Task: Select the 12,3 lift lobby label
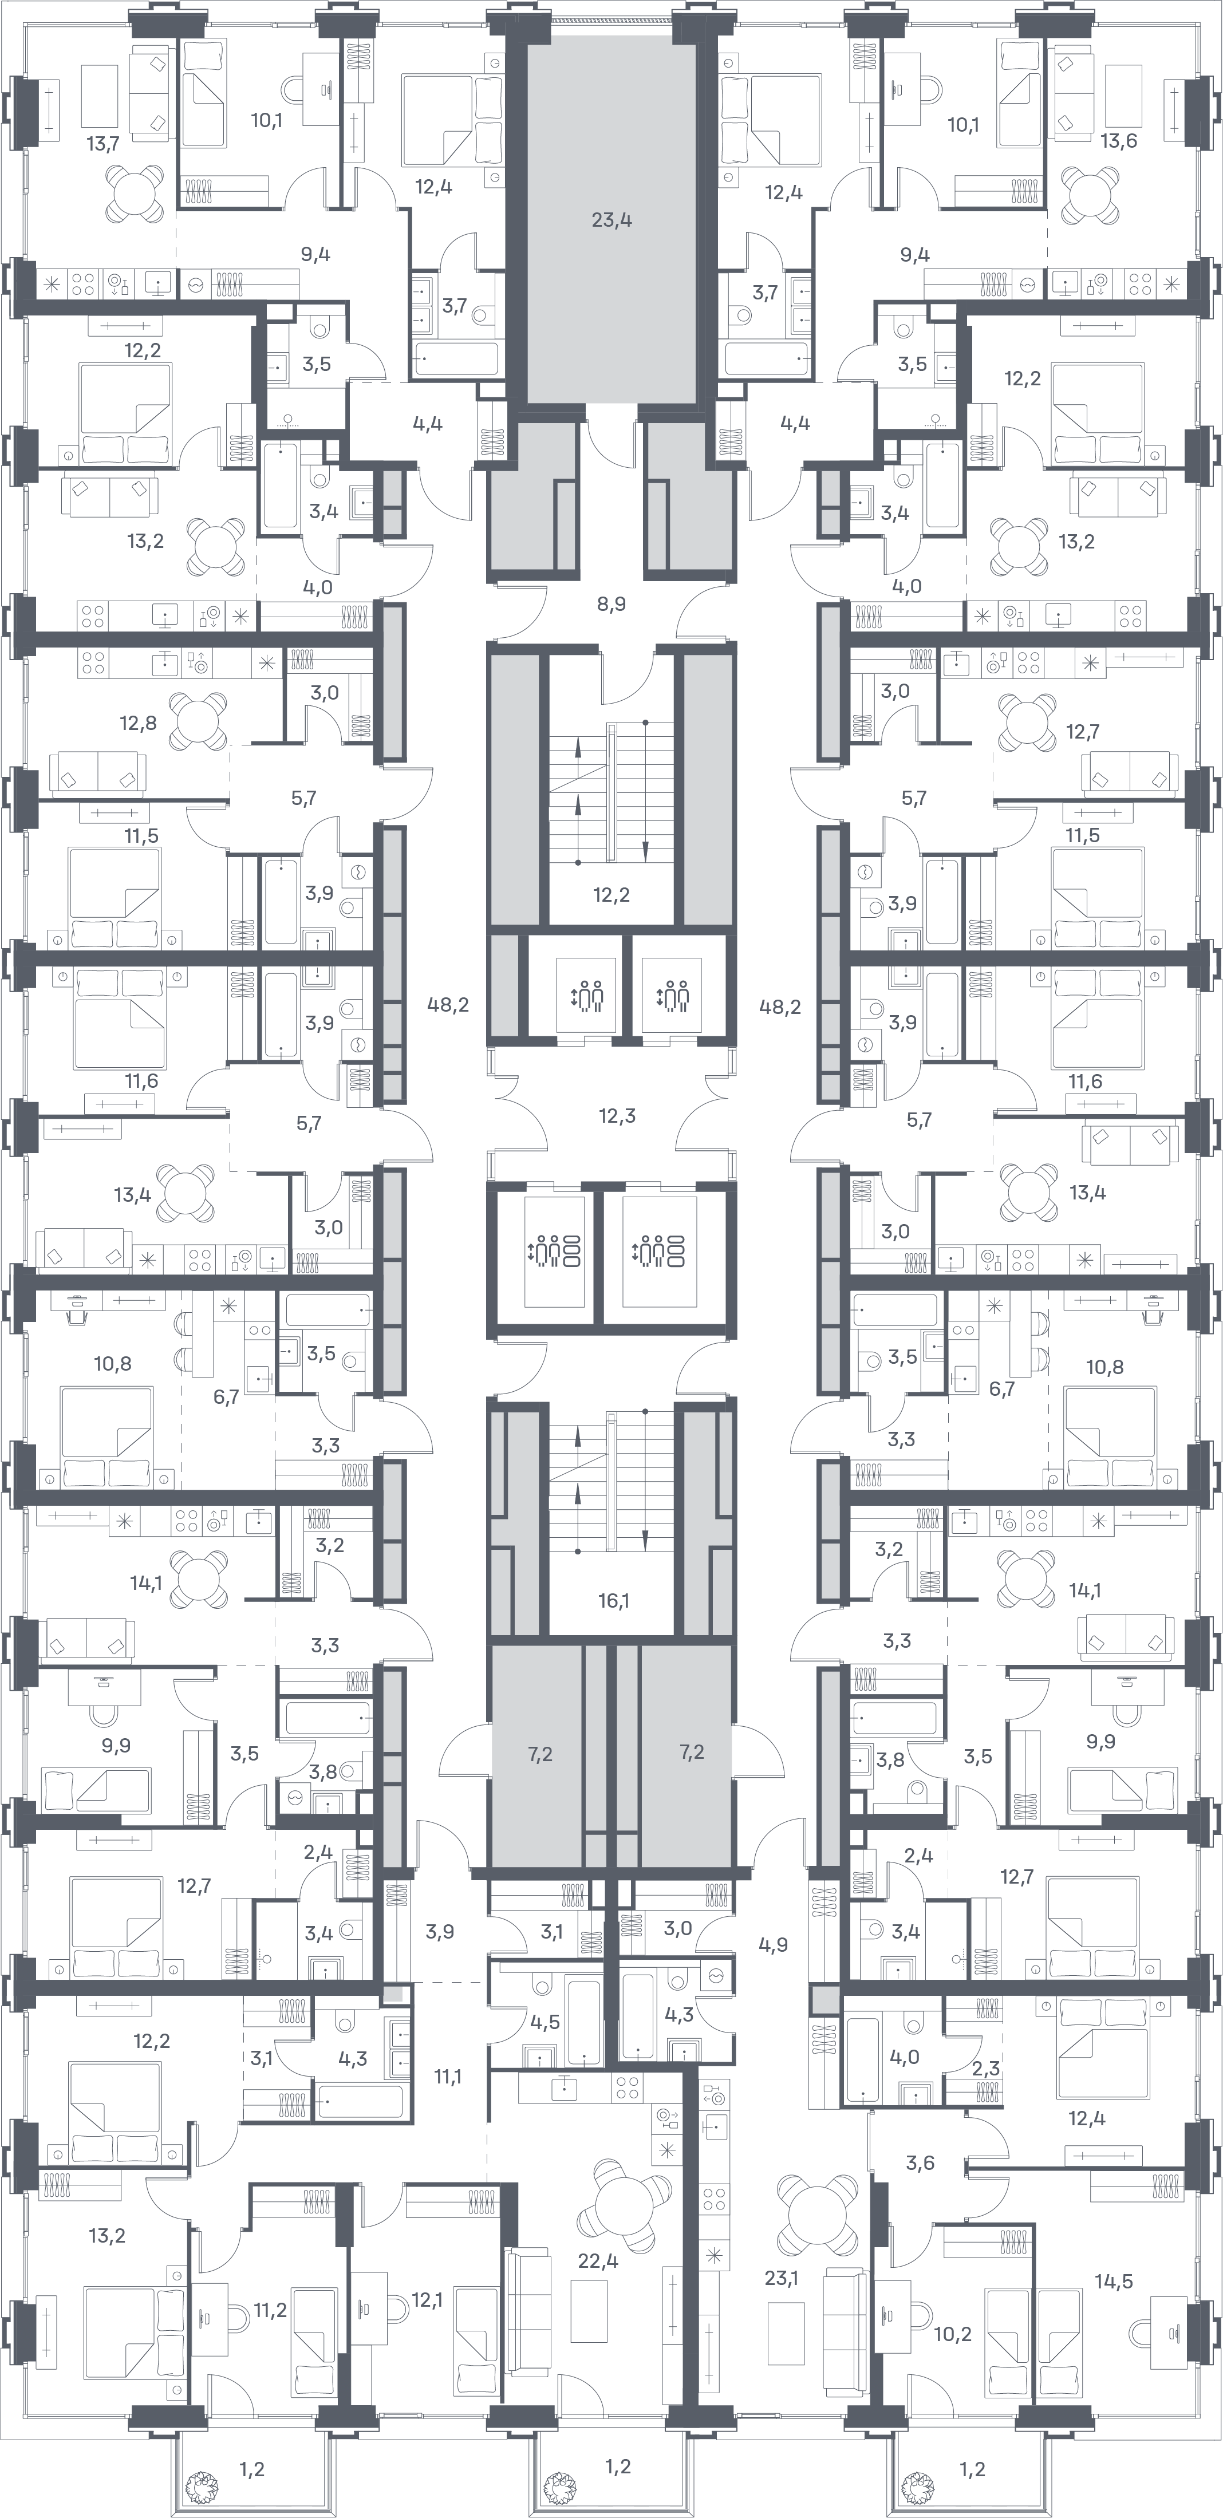[617, 1115]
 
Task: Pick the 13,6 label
[1118, 140]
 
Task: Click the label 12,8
[138, 723]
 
